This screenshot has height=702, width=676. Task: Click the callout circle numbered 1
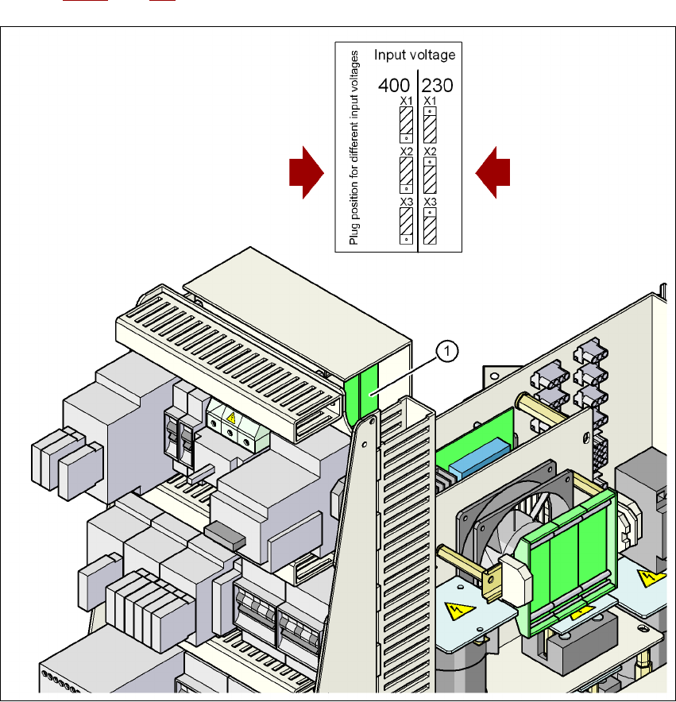[447, 349]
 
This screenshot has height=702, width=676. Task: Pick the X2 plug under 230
[430, 175]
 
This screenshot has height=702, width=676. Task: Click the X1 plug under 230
[430, 125]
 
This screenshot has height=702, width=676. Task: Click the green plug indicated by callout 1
[361, 395]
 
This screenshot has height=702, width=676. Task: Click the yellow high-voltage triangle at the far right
[651, 577]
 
